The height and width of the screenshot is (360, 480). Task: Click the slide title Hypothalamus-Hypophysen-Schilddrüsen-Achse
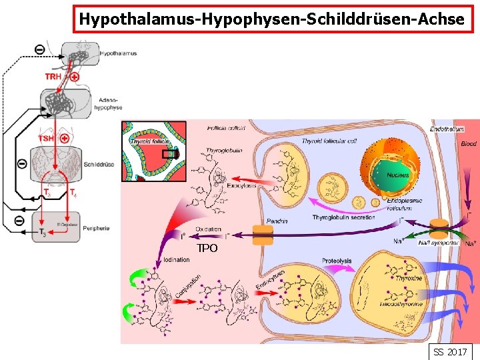pyautogui.click(x=271, y=19)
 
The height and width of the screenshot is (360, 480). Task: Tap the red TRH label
pyautogui.click(x=53, y=77)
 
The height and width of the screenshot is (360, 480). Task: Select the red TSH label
pyautogui.click(x=47, y=138)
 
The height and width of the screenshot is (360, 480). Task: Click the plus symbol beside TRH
pyautogui.click(x=75, y=77)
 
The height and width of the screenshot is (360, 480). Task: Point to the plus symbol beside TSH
pyautogui.click(x=65, y=138)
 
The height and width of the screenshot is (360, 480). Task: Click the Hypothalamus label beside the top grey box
pyautogui.click(x=118, y=53)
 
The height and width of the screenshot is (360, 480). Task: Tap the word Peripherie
pyautogui.click(x=97, y=229)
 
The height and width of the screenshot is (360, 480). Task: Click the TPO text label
pyautogui.click(x=207, y=248)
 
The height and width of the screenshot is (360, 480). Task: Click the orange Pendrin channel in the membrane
pyautogui.click(x=263, y=235)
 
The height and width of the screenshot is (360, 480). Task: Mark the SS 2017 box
pyautogui.click(x=450, y=351)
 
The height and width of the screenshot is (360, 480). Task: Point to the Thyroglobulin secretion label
pyautogui.click(x=343, y=218)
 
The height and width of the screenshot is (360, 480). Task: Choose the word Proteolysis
pyautogui.click(x=337, y=261)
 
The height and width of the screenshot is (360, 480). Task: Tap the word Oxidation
pyautogui.click(x=209, y=229)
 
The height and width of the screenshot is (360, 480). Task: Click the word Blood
pyautogui.click(x=469, y=144)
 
